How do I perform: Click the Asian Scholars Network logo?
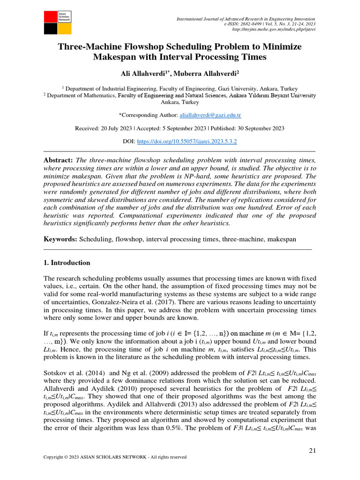tap(58, 22)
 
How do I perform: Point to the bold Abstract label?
tap(58, 160)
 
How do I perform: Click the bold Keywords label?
tap(60, 240)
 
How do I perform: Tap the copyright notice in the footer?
tap(115, 457)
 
